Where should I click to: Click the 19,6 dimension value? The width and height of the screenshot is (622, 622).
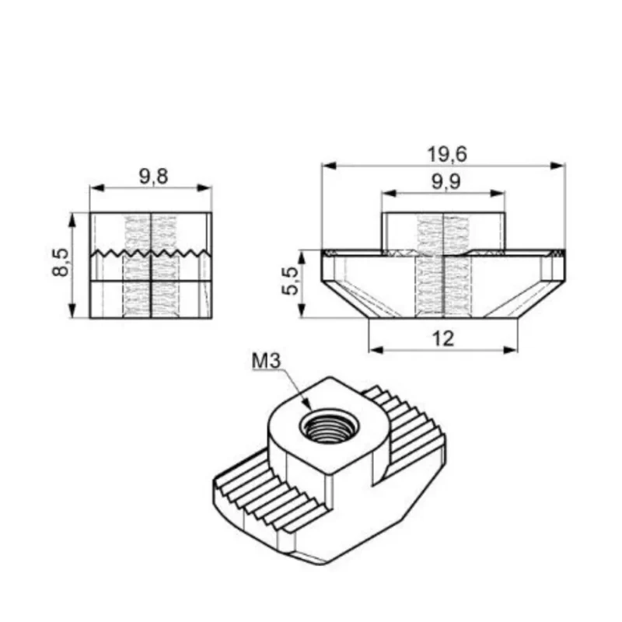(447, 154)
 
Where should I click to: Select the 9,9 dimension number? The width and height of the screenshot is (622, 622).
(446, 182)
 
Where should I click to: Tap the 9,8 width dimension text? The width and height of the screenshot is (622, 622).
(153, 176)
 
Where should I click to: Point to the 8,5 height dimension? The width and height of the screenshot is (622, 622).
(61, 262)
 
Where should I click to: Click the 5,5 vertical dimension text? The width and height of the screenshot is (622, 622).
(290, 281)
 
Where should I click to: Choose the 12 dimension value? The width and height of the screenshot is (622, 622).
(442, 339)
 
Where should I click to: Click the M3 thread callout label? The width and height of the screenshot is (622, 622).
(266, 361)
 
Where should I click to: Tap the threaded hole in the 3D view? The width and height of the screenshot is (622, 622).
(329, 426)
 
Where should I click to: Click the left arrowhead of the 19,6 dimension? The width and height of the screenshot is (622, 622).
(329, 166)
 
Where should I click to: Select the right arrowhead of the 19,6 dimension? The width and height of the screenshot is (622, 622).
(558, 166)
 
